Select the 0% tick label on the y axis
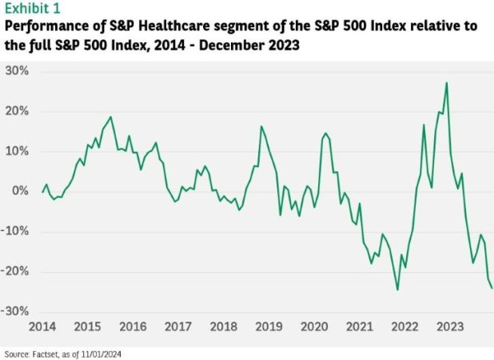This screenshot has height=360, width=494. point(22,191)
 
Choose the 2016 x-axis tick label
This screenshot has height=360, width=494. point(133,327)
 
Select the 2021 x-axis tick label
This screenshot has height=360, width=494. point(359,327)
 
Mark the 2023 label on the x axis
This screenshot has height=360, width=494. point(449,327)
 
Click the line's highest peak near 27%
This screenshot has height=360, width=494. point(446,82)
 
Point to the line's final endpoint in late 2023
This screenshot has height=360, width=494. point(492,288)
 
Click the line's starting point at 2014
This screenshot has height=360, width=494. point(42,192)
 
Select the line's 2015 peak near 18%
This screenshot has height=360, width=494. point(110,117)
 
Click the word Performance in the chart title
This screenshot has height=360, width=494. point(46,26)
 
